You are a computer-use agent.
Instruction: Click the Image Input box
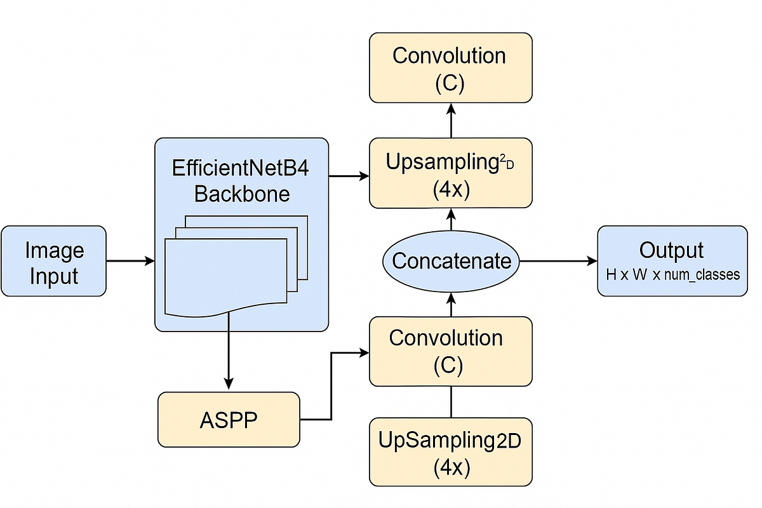click(53, 261)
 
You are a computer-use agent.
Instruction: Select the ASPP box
click(229, 420)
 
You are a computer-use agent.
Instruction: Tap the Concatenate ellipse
click(451, 261)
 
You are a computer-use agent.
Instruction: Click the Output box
click(672, 261)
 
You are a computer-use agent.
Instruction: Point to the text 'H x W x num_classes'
click(672, 276)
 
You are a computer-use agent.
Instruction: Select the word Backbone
click(241, 194)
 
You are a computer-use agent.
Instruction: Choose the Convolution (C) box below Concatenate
click(451, 351)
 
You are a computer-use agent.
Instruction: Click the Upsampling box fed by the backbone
click(451, 173)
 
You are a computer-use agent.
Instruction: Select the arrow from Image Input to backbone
click(130, 261)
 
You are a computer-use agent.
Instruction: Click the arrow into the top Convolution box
click(451, 121)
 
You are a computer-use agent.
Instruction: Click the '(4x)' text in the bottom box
click(451, 468)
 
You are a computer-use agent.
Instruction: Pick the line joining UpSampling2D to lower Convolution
click(451, 402)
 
